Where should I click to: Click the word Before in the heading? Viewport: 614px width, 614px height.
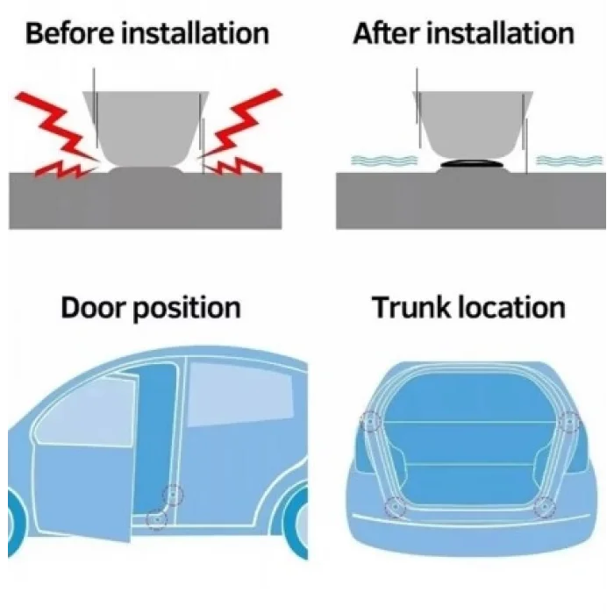tap(69, 33)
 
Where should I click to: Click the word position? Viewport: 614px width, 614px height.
tap(186, 310)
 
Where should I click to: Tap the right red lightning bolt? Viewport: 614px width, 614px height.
tap(239, 133)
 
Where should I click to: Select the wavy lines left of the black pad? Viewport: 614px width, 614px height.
tap(384, 160)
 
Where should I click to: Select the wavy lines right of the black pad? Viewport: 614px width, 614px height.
tap(569, 160)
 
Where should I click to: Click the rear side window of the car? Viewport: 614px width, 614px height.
tap(239, 393)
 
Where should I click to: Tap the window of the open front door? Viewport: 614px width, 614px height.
tap(87, 411)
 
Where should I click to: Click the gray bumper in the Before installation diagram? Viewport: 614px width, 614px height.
tap(146, 128)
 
